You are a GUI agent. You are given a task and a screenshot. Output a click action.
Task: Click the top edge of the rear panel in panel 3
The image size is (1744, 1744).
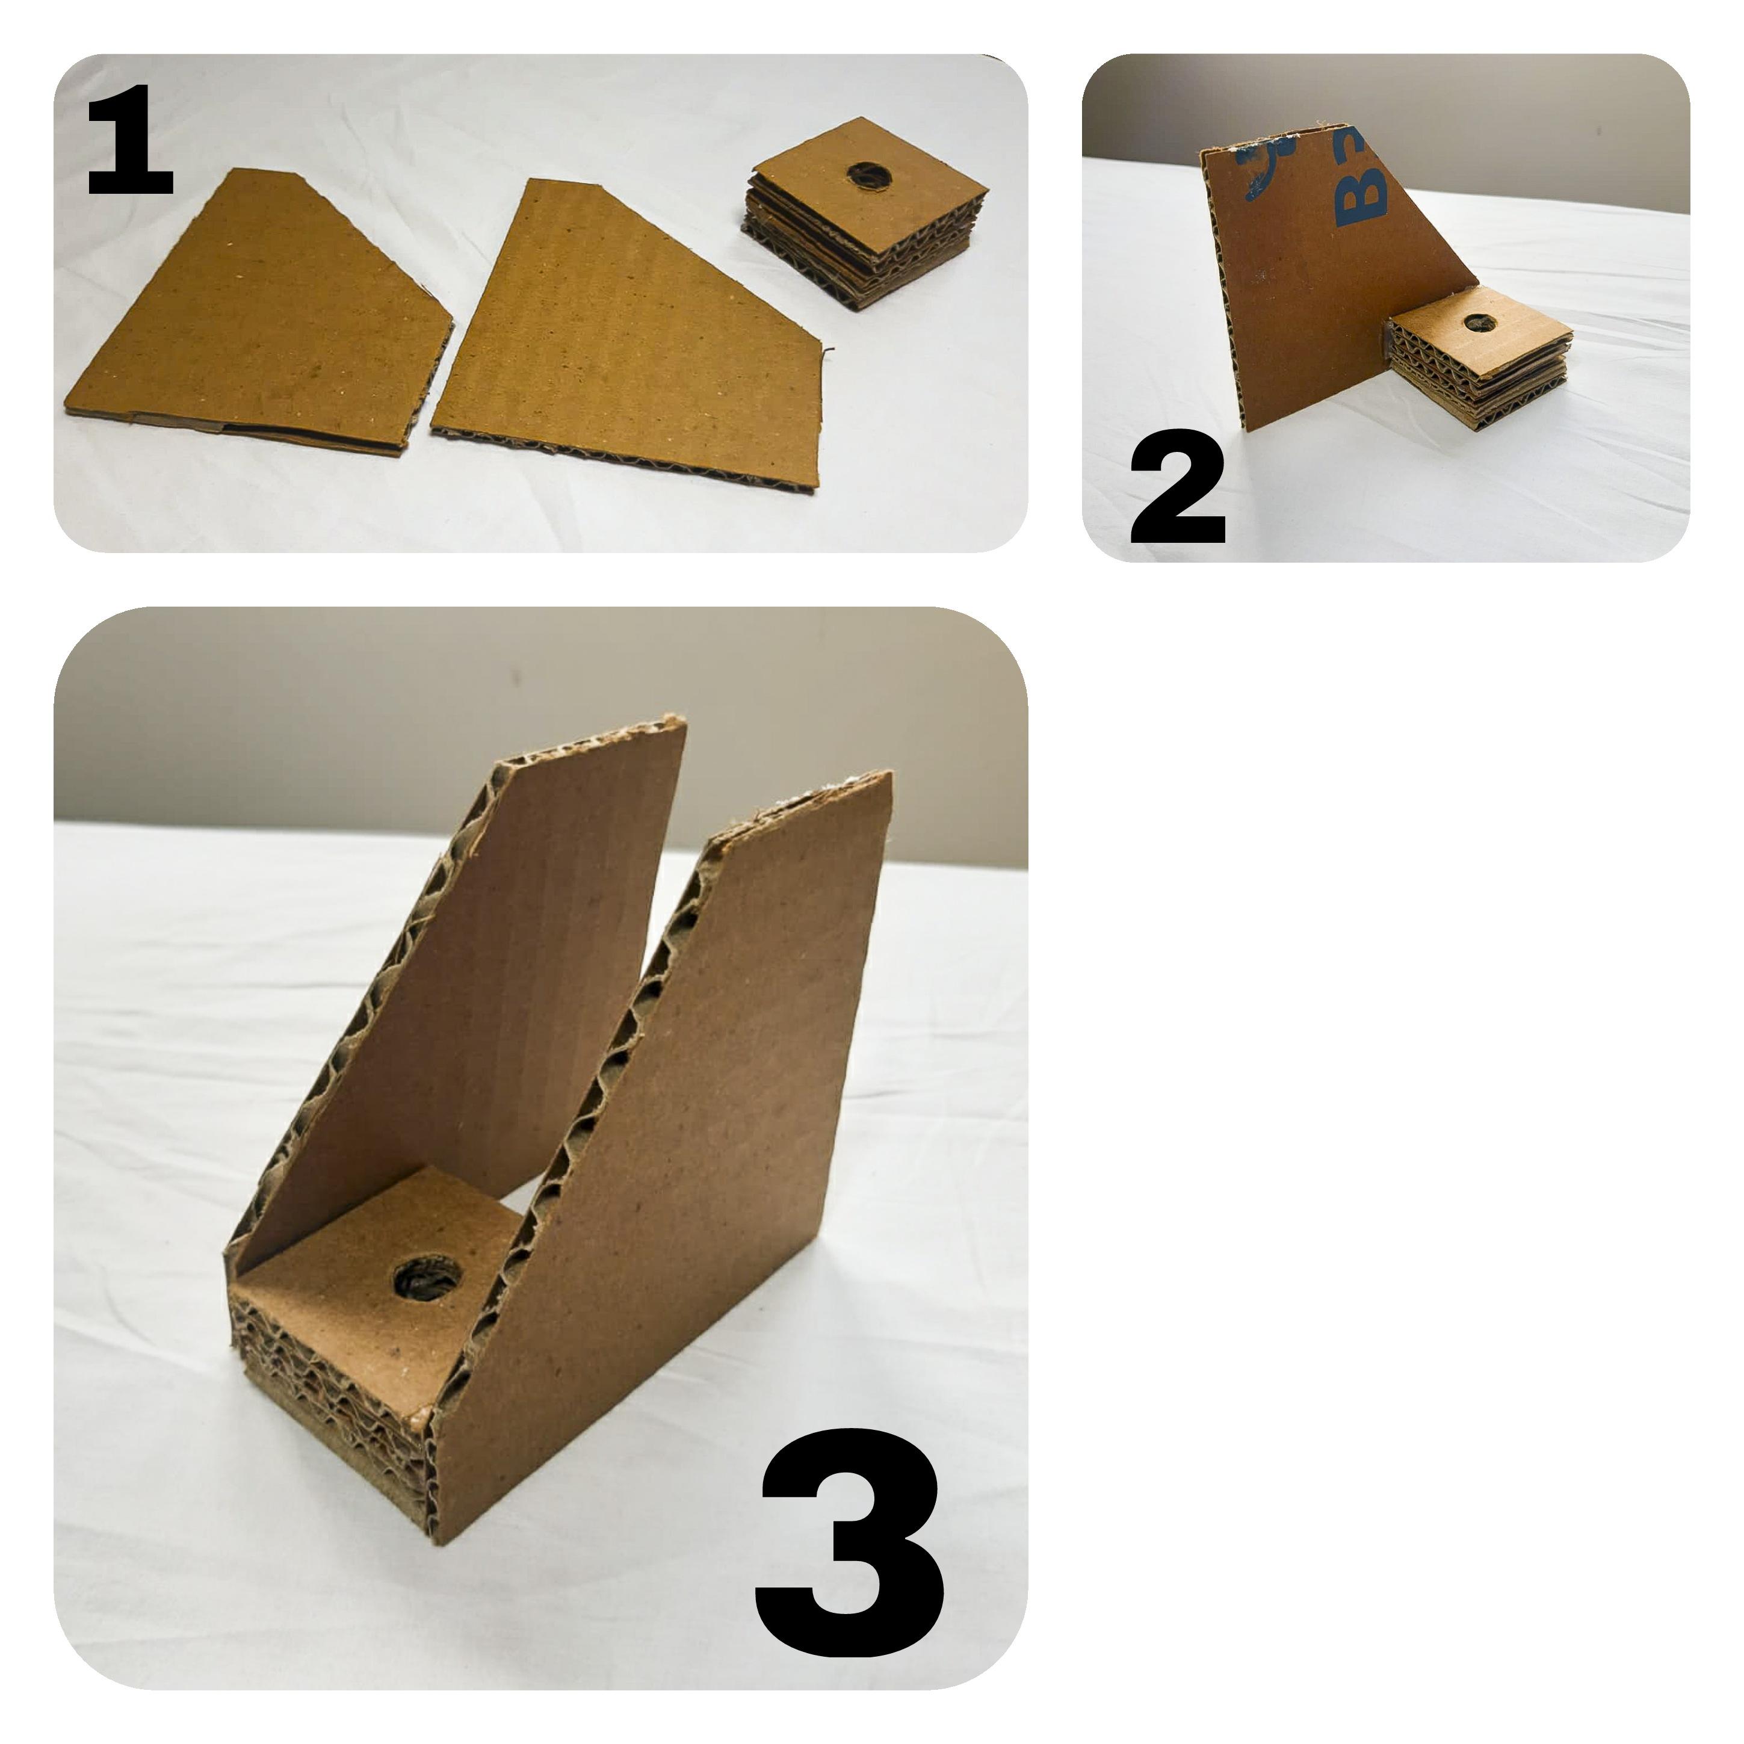pos(591,740)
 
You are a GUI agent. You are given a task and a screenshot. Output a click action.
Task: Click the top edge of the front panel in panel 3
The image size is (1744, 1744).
pos(803,803)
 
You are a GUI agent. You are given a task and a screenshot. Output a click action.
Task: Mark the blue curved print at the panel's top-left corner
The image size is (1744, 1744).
pos(1259,172)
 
